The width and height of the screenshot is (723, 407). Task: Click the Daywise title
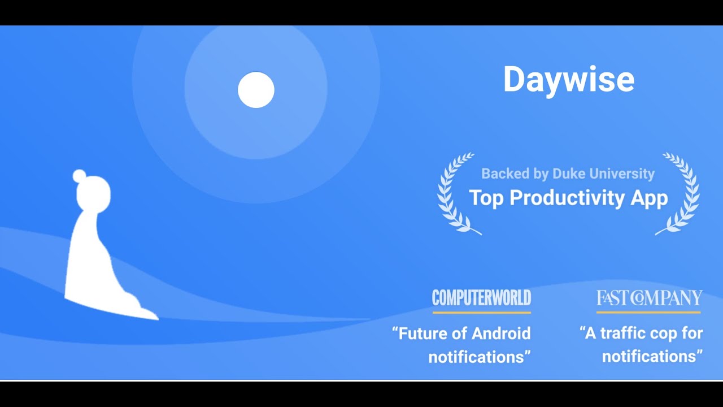[568, 80]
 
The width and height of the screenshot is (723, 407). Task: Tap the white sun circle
[256, 90]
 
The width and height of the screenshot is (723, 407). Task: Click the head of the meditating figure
[94, 194]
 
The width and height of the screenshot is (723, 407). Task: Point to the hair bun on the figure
[79, 176]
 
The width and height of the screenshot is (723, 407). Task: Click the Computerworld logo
[481, 298]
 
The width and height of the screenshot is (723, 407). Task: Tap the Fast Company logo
[649, 298]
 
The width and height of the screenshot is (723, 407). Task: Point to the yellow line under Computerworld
[481, 312]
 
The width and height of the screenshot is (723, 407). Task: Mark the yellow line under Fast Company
[648, 312]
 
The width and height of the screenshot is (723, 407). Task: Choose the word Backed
[504, 174]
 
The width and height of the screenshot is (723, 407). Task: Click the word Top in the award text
[486, 198]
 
